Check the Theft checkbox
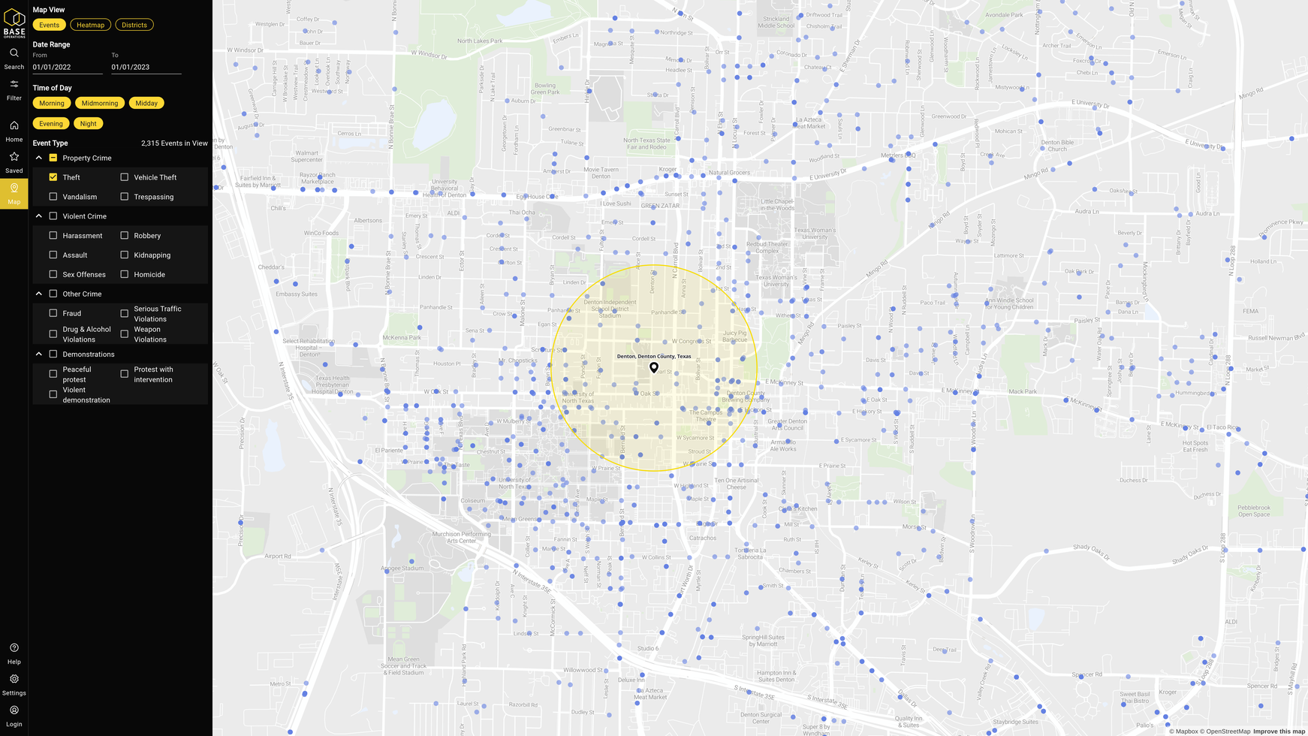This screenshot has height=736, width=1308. (x=53, y=177)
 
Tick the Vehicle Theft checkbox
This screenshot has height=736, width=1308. (x=125, y=177)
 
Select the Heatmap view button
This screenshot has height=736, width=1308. (x=90, y=25)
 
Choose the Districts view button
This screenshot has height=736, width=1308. (x=134, y=25)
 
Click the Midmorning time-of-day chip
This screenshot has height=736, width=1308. (x=100, y=103)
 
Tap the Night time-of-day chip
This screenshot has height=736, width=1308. (x=88, y=123)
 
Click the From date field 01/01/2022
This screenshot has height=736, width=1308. (x=67, y=67)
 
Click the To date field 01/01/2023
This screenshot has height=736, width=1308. (x=146, y=67)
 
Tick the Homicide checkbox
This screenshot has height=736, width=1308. (x=125, y=274)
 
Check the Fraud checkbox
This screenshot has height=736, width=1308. (x=53, y=313)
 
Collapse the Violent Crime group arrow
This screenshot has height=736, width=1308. (x=39, y=216)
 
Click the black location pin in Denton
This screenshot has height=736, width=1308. (x=654, y=367)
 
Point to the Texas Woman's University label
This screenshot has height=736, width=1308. (x=814, y=234)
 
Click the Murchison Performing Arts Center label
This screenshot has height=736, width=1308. (x=462, y=537)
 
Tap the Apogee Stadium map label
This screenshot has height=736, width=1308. (x=402, y=569)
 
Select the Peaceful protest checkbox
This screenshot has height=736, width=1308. (x=53, y=374)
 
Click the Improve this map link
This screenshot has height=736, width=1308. (x=1279, y=731)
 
